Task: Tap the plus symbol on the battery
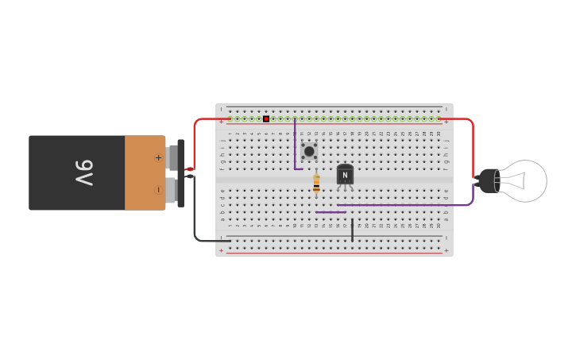[x=158, y=157]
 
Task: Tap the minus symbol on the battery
[x=158, y=190]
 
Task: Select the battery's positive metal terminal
[x=172, y=157]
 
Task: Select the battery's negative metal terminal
[x=172, y=189]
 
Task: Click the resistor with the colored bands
[x=316, y=184]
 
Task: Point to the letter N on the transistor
[x=345, y=176]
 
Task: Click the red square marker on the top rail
[x=266, y=119]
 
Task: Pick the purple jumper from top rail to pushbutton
[x=295, y=143]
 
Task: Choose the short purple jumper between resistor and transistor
[x=331, y=212]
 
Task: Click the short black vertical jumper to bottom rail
[x=353, y=230]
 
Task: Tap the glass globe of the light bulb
[x=527, y=180]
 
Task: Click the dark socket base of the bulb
[x=488, y=181]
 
